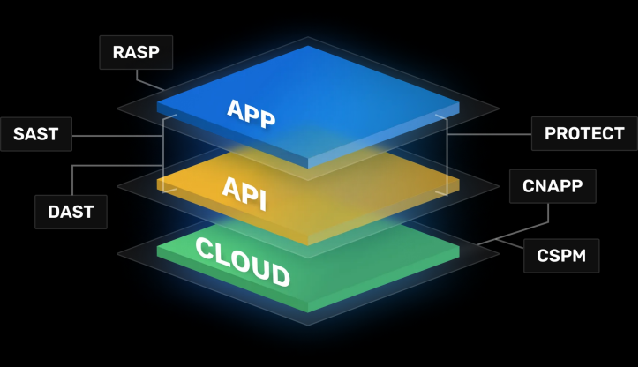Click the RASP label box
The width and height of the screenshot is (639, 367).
(x=136, y=52)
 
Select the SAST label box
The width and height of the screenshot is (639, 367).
(x=35, y=134)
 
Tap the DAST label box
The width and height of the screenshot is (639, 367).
(x=71, y=212)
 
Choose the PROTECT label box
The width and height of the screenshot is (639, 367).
(x=584, y=133)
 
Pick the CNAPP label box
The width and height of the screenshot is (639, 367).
(x=553, y=186)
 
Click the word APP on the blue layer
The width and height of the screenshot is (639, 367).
(x=252, y=113)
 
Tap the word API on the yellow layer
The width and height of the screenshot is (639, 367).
(x=244, y=190)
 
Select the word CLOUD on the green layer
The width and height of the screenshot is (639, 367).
(x=242, y=262)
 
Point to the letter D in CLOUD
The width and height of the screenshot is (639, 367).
(x=279, y=276)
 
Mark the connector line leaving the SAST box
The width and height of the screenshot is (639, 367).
(x=115, y=136)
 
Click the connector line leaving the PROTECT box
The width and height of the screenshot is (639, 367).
(x=494, y=134)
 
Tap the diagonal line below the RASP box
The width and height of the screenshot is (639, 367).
(x=151, y=85)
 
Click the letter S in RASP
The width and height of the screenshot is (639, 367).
(x=141, y=52)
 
